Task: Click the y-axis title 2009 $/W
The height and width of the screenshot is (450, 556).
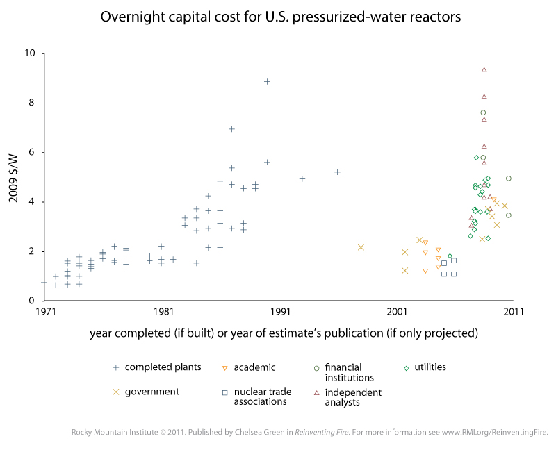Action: (15, 177)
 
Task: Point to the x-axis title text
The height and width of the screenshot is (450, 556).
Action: (284, 333)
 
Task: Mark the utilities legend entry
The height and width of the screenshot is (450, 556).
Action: (432, 367)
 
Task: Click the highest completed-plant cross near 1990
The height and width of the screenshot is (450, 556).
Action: (267, 82)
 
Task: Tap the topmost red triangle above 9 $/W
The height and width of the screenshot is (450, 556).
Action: (484, 69)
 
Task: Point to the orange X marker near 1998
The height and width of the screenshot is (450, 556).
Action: (361, 247)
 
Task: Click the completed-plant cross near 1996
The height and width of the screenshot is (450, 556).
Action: (337, 172)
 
